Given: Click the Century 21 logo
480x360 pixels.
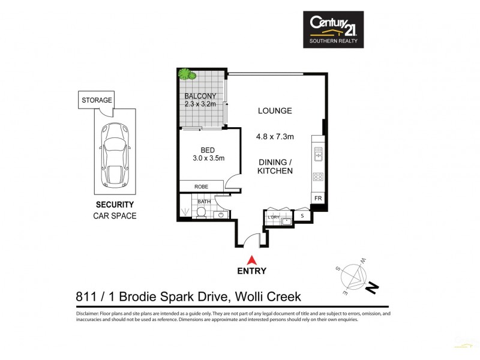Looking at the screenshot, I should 332,29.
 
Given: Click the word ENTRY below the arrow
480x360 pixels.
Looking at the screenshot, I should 253,271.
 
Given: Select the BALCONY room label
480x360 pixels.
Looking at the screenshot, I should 199,96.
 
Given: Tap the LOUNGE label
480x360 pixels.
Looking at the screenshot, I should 275,111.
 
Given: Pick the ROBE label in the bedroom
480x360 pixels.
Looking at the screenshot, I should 201,187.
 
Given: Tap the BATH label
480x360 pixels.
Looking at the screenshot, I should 205,202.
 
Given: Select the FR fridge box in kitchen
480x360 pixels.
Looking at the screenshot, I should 317,198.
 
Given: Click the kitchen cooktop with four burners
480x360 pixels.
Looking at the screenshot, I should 318,177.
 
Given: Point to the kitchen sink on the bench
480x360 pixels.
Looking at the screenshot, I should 318,153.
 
